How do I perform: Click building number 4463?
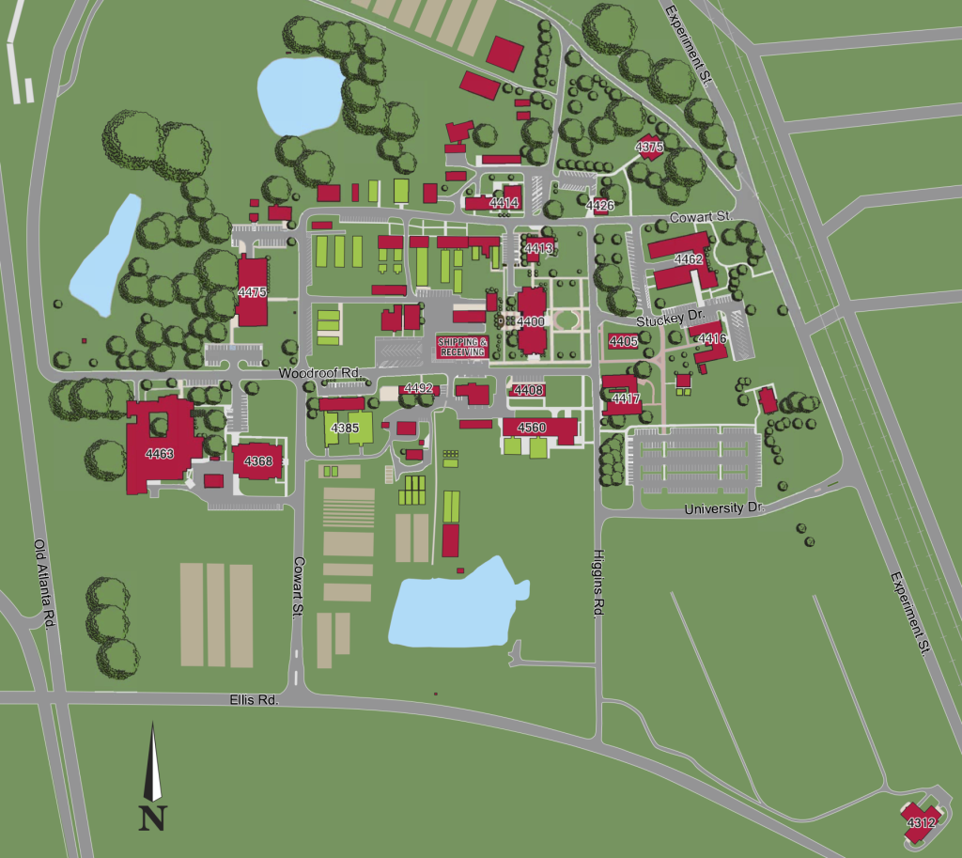[160, 453]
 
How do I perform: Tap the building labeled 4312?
[921, 823]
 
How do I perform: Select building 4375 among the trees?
[649, 148]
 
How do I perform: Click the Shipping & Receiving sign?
[462, 346]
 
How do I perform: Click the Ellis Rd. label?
[254, 701]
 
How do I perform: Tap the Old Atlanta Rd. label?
[44, 583]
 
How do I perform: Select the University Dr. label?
[725, 508]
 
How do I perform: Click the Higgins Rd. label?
[597, 583]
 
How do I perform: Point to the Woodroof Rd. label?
[319, 373]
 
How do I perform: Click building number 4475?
[252, 292]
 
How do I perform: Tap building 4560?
[532, 428]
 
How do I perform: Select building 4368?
[257, 460]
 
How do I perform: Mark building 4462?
[689, 258]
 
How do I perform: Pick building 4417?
[625, 398]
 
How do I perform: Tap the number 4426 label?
[599, 205]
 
